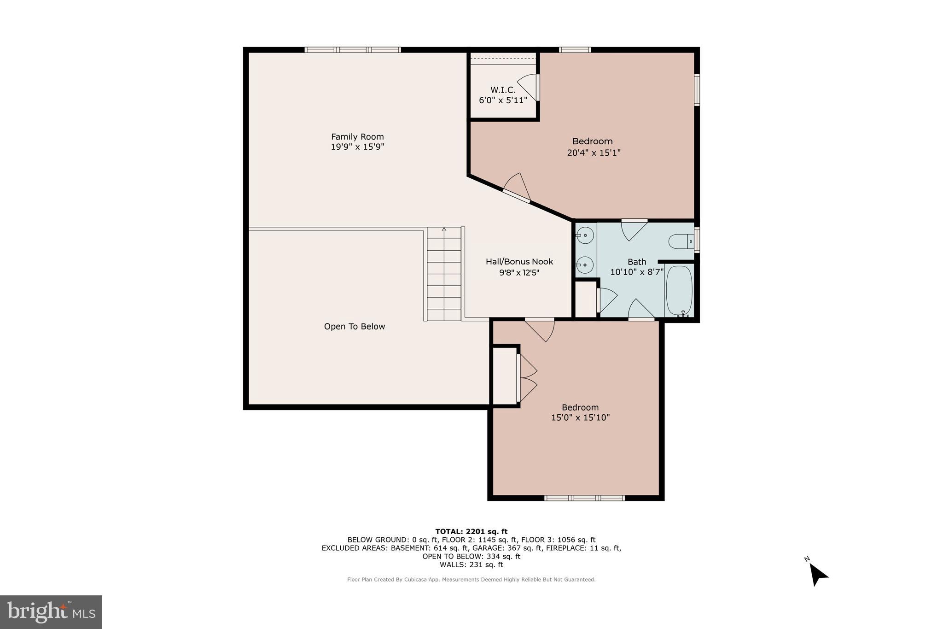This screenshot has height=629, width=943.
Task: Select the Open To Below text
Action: [354, 327]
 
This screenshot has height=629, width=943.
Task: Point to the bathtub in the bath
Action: [679, 290]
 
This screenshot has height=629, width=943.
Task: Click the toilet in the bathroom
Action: [681, 241]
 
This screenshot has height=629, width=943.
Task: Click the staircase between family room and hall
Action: [444, 274]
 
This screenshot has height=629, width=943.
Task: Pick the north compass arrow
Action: [818, 574]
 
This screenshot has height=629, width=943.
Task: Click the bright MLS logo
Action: [51, 612]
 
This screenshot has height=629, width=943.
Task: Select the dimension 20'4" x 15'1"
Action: [594, 153]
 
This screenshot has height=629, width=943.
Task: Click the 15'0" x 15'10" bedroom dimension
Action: [580, 418]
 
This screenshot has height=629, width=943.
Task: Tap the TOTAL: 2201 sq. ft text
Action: [471, 531]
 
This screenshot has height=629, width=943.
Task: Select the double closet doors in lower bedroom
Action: [527, 378]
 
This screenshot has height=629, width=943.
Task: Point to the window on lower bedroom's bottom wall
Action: [584, 498]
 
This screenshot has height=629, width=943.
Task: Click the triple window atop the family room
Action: [353, 50]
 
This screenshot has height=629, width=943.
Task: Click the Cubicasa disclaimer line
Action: [471, 580]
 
